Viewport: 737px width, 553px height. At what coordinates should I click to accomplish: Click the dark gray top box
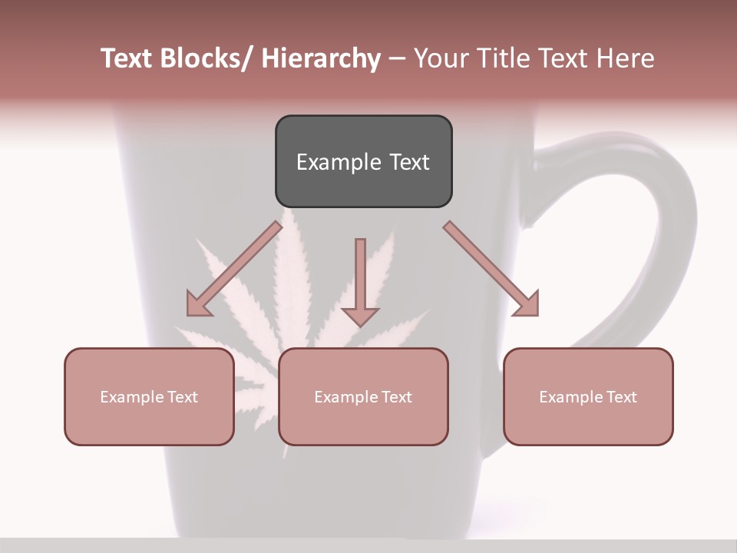[363, 161]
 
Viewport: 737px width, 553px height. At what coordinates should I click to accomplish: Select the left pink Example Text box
[149, 396]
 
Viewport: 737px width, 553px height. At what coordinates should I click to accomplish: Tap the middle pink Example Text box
[363, 396]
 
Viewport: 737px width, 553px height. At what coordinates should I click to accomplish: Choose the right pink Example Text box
[588, 396]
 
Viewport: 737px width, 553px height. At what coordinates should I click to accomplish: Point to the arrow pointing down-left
[234, 269]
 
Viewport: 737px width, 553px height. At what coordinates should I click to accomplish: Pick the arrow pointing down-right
[491, 269]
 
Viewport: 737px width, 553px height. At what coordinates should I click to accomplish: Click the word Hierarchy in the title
[321, 58]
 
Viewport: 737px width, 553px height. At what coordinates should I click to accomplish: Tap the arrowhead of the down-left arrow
[197, 305]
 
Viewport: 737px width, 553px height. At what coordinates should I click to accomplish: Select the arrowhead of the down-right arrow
[528, 305]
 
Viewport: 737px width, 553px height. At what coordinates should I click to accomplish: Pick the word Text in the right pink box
[620, 396]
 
